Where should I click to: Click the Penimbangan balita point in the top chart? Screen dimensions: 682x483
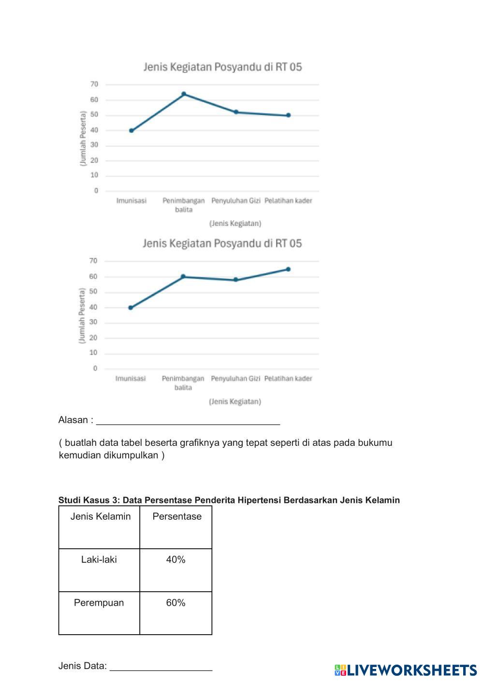tap(184, 94)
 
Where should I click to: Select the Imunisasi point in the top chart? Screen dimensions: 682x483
tap(132, 130)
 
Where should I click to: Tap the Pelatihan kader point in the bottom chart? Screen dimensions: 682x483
tap(288, 269)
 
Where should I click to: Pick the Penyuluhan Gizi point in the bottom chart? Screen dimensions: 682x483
tap(236, 280)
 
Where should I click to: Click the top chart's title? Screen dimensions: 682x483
tap(222, 67)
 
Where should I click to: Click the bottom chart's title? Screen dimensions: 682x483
tap(222, 243)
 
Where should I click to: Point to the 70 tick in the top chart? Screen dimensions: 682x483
tap(94, 85)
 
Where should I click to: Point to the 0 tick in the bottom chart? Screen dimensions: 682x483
tap(95, 369)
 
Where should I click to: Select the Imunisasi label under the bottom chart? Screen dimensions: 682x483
tap(131, 379)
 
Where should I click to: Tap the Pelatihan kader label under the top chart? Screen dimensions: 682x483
tap(288, 201)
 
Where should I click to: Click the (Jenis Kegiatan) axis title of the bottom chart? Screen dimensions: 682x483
tap(235, 402)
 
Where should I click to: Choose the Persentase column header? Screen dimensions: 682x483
tap(177, 516)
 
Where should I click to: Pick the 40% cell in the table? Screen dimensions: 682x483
tap(176, 560)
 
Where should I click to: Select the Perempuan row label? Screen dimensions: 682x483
tap(99, 603)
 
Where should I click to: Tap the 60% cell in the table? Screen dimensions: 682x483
tap(176, 603)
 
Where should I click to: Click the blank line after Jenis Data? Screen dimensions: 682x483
tap(161, 667)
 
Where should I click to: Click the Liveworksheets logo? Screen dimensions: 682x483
tap(405, 670)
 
